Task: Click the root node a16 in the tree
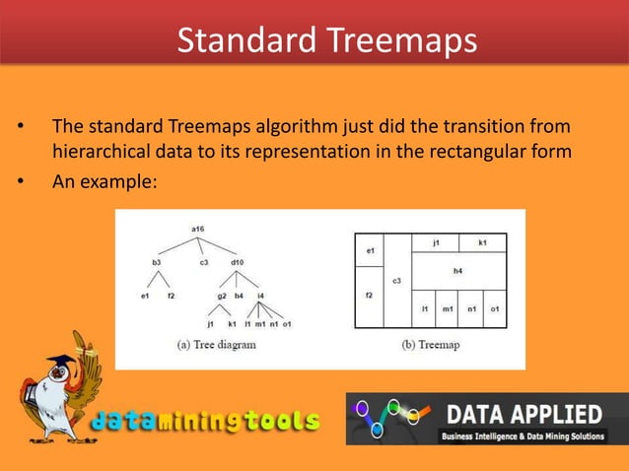197,229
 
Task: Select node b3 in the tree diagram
156,262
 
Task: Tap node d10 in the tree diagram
239,262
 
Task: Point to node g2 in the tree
221,295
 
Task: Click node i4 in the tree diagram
260,295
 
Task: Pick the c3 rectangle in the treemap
397,281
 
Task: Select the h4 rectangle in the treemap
458,269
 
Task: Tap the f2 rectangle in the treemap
369,296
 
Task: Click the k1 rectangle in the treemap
482,241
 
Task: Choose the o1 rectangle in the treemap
495,309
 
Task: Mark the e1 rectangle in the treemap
370,252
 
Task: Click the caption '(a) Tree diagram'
216,345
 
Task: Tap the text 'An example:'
105,181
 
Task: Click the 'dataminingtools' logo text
208,422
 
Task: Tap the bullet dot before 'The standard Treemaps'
17,127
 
